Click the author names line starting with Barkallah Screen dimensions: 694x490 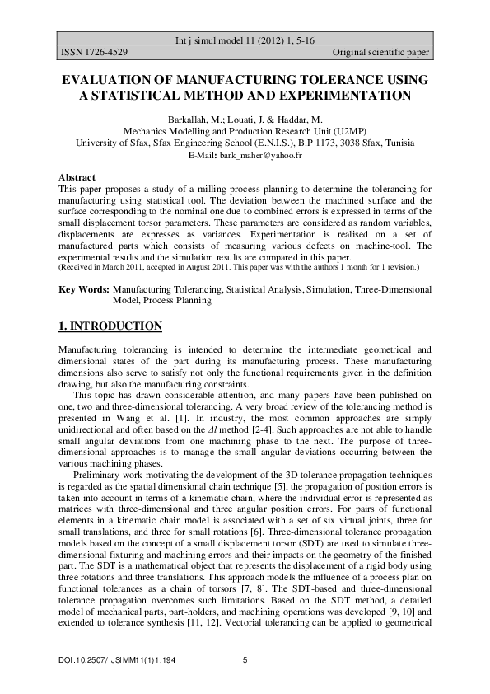click(x=245, y=120)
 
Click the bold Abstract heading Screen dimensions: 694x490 click(x=77, y=177)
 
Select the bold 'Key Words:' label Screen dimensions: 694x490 click(x=84, y=290)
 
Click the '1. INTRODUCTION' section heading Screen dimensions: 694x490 click(x=110, y=327)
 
